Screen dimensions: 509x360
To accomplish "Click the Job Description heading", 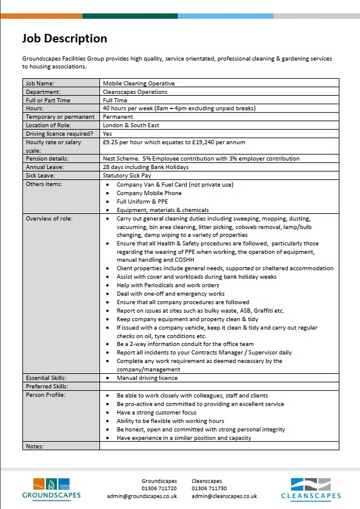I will pyautogui.click(x=64, y=39).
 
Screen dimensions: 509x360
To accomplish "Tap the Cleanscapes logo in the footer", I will pyautogui.click(x=311, y=488).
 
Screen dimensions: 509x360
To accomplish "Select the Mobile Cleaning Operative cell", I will pyautogui.click(x=139, y=83).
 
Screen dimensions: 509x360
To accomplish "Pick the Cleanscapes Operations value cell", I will pyautogui.click(x=135, y=91).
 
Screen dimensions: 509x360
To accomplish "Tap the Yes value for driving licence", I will pyautogui.click(x=107, y=133).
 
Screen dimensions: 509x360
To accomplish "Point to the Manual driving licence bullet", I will pyautogui.click(x=147, y=378).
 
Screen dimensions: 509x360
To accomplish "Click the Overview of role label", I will pyautogui.click(x=49, y=218).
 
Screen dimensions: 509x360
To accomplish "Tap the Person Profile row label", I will pyautogui.click(x=45, y=394).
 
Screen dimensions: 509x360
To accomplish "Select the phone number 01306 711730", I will pyautogui.click(x=209, y=488).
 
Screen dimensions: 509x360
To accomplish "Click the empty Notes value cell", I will pyautogui.click(x=219, y=446).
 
